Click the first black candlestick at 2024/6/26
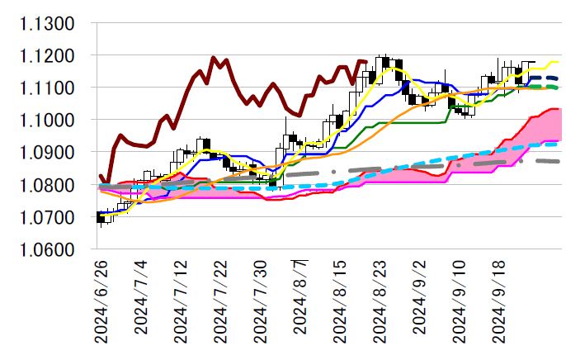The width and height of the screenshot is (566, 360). [x=101, y=218]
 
